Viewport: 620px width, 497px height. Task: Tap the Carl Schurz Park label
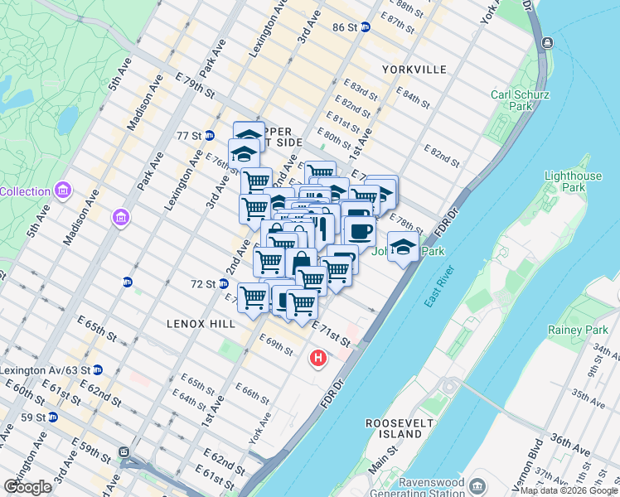pyautogui.click(x=520, y=100)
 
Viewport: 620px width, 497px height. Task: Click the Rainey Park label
pyautogui.click(x=578, y=330)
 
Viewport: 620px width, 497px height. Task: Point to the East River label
pyautogui.click(x=439, y=287)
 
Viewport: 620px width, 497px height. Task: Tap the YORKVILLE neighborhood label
pyautogui.click(x=414, y=70)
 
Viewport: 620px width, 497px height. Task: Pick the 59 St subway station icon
pyautogui.click(x=52, y=417)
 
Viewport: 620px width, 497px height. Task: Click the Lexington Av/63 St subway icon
pyautogui.click(x=98, y=369)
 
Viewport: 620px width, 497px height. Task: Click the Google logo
pyautogui.click(x=27, y=487)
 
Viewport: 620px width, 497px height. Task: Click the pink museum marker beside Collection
pyautogui.click(x=64, y=191)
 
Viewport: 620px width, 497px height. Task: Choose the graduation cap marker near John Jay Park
pyautogui.click(x=403, y=246)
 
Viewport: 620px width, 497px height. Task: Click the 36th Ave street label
pyautogui.click(x=568, y=446)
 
